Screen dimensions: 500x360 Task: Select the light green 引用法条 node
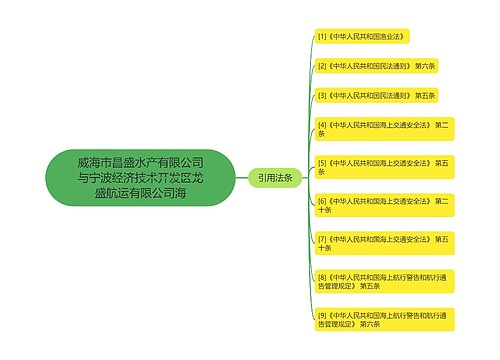click(275, 177)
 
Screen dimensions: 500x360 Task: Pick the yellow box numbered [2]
click(376, 65)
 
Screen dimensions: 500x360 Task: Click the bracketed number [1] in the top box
click(322, 36)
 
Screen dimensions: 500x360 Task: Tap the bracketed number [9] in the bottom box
click(322, 314)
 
